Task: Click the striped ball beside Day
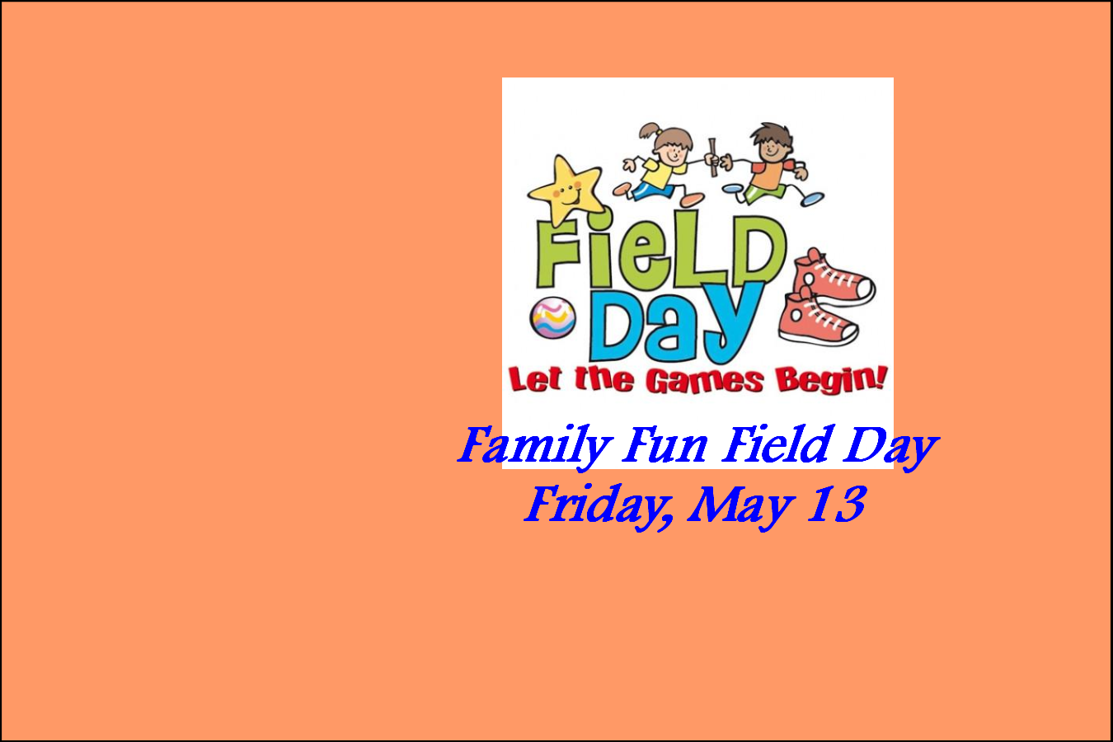[553, 318]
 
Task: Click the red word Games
[705, 382]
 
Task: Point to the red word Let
[535, 380]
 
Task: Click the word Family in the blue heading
[534, 446]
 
